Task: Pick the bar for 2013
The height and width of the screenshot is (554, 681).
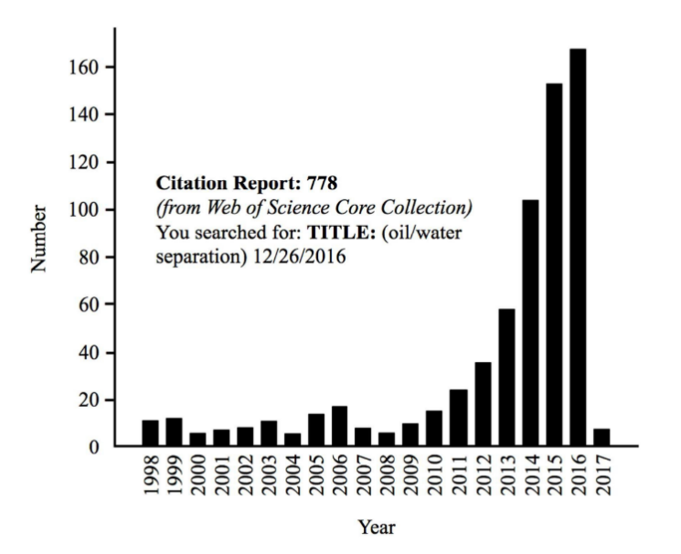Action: pyautogui.click(x=507, y=378)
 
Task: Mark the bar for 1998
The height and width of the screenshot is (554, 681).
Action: pyautogui.click(x=151, y=433)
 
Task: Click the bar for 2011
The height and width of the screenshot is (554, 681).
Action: pyautogui.click(x=460, y=418)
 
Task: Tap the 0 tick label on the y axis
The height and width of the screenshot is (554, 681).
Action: pyautogui.click(x=94, y=447)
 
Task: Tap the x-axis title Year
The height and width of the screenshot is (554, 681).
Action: pyautogui.click(x=377, y=527)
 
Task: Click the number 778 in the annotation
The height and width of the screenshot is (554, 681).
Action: pyautogui.click(x=323, y=183)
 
